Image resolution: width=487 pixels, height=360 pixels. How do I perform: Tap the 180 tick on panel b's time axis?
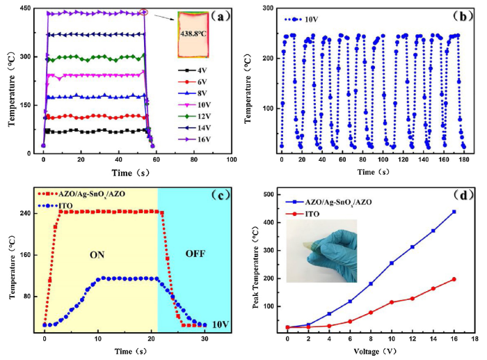[x=463, y=161]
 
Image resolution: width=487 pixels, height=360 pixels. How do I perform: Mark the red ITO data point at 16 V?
[x=454, y=279]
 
